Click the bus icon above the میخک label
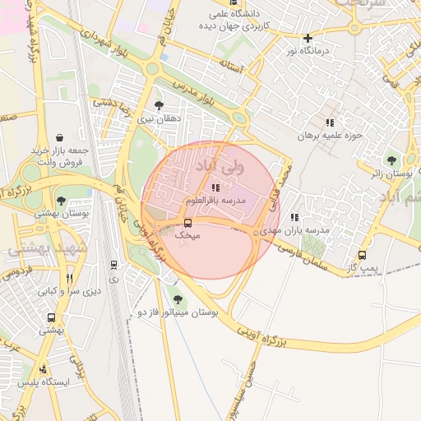(188, 223)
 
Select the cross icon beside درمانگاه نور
(308, 38)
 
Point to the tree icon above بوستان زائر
(391, 161)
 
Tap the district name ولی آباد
(215, 166)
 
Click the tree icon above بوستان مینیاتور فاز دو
(177, 299)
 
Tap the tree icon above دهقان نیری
(158, 105)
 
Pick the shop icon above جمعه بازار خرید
(59, 138)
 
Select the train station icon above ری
(113, 265)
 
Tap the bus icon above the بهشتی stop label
(52, 317)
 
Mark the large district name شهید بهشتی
(39, 248)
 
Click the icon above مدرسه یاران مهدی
(294, 218)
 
